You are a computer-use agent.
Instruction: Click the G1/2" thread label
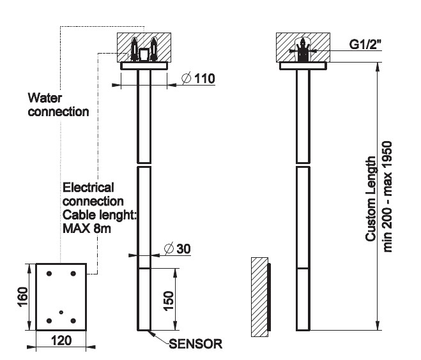pos(367,46)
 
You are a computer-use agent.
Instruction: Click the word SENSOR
pos(195,344)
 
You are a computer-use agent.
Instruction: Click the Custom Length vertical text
pos(371,199)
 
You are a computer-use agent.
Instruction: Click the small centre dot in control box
pos(61,311)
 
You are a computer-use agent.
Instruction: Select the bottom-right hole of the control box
pos(74,320)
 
